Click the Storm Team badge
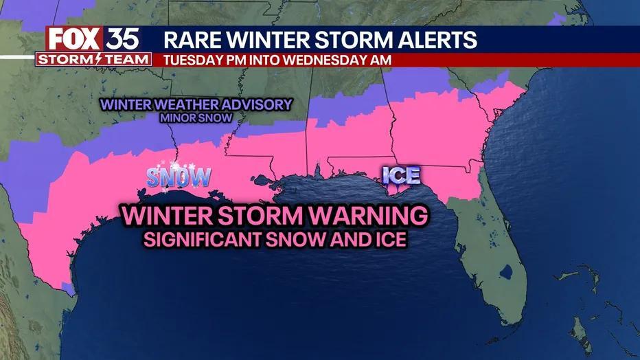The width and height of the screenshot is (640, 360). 93,59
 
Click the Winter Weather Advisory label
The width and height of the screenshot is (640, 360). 196,105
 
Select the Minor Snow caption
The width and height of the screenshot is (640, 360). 196,118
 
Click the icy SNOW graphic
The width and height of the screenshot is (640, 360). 179,177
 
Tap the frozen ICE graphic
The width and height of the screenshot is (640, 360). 401,175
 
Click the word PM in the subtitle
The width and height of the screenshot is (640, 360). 238,60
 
